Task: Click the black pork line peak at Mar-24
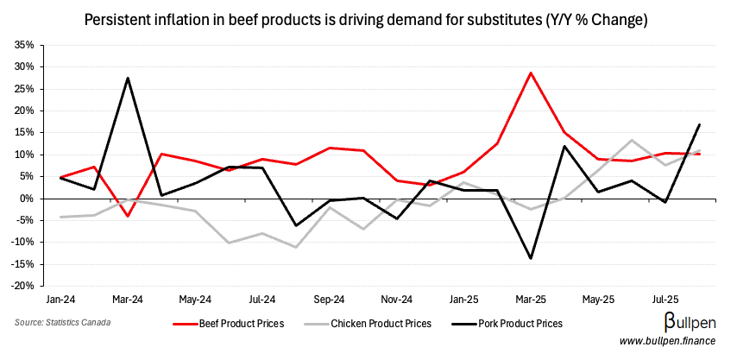pyautogui.click(x=128, y=78)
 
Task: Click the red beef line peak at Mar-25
pyautogui.click(x=531, y=73)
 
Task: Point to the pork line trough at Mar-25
pyautogui.click(x=531, y=258)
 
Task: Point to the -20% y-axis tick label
pyautogui.click(x=22, y=287)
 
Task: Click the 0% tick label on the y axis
pyautogui.click(x=26, y=199)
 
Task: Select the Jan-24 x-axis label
pyautogui.click(x=60, y=299)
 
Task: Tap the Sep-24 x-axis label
pyautogui.click(x=329, y=299)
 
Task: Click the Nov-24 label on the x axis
pyautogui.click(x=396, y=299)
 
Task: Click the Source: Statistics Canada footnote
pyautogui.click(x=61, y=323)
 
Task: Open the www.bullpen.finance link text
pyautogui.click(x=670, y=343)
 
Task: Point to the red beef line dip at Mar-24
pyautogui.click(x=128, y=216)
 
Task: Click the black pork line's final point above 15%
pyautogui.click(x=699, y=124)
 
